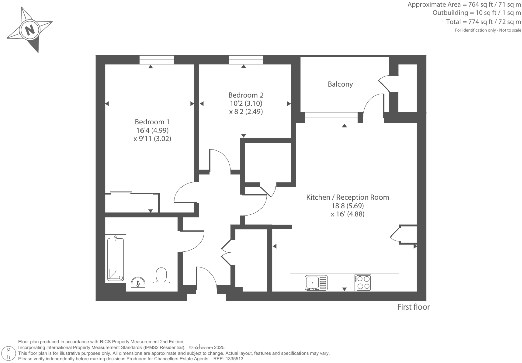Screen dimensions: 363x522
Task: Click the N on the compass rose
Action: pyautogui.click(x=30, y=30)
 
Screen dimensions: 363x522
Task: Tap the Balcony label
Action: pyautogui.click(x=340, y=84)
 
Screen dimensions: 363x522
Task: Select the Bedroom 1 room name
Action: pyautogui.click(x=152, y=122)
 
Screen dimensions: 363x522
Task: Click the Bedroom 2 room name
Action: pyautogui.click(x=246, y=95)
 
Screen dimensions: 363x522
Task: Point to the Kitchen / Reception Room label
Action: pyautogui.click(x=347, y=197)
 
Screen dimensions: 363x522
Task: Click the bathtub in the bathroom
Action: pyautogui.click(x=115, y=258)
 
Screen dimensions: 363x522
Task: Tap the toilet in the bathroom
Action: pyautogui.click(x=161, y=275)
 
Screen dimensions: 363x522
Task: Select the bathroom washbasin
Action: pyautogui.click(x=138, y=282)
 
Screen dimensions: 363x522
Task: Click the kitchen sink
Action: pyautogui.click(x=316, y=283)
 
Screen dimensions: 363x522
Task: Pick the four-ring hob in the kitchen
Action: pyautogui.click(x=363, y=283)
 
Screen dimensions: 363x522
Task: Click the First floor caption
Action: pyautogui.click(x=413, y=307)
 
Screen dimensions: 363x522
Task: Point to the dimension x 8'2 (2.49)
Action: pyautogui.click(x=246, y=112)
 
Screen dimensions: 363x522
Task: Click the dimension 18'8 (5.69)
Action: pyautogui.click(x=348, y=206)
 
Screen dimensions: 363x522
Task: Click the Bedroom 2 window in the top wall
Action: pyautogui.click(x=245, y=60)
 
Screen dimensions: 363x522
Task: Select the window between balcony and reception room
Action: pyautogui.click(x=331, y=118)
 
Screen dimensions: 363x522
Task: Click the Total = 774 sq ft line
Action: pyautogui.click(x=483, y=22)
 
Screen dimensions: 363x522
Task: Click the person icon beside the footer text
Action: pyautogui.click(x=9, y=353)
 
